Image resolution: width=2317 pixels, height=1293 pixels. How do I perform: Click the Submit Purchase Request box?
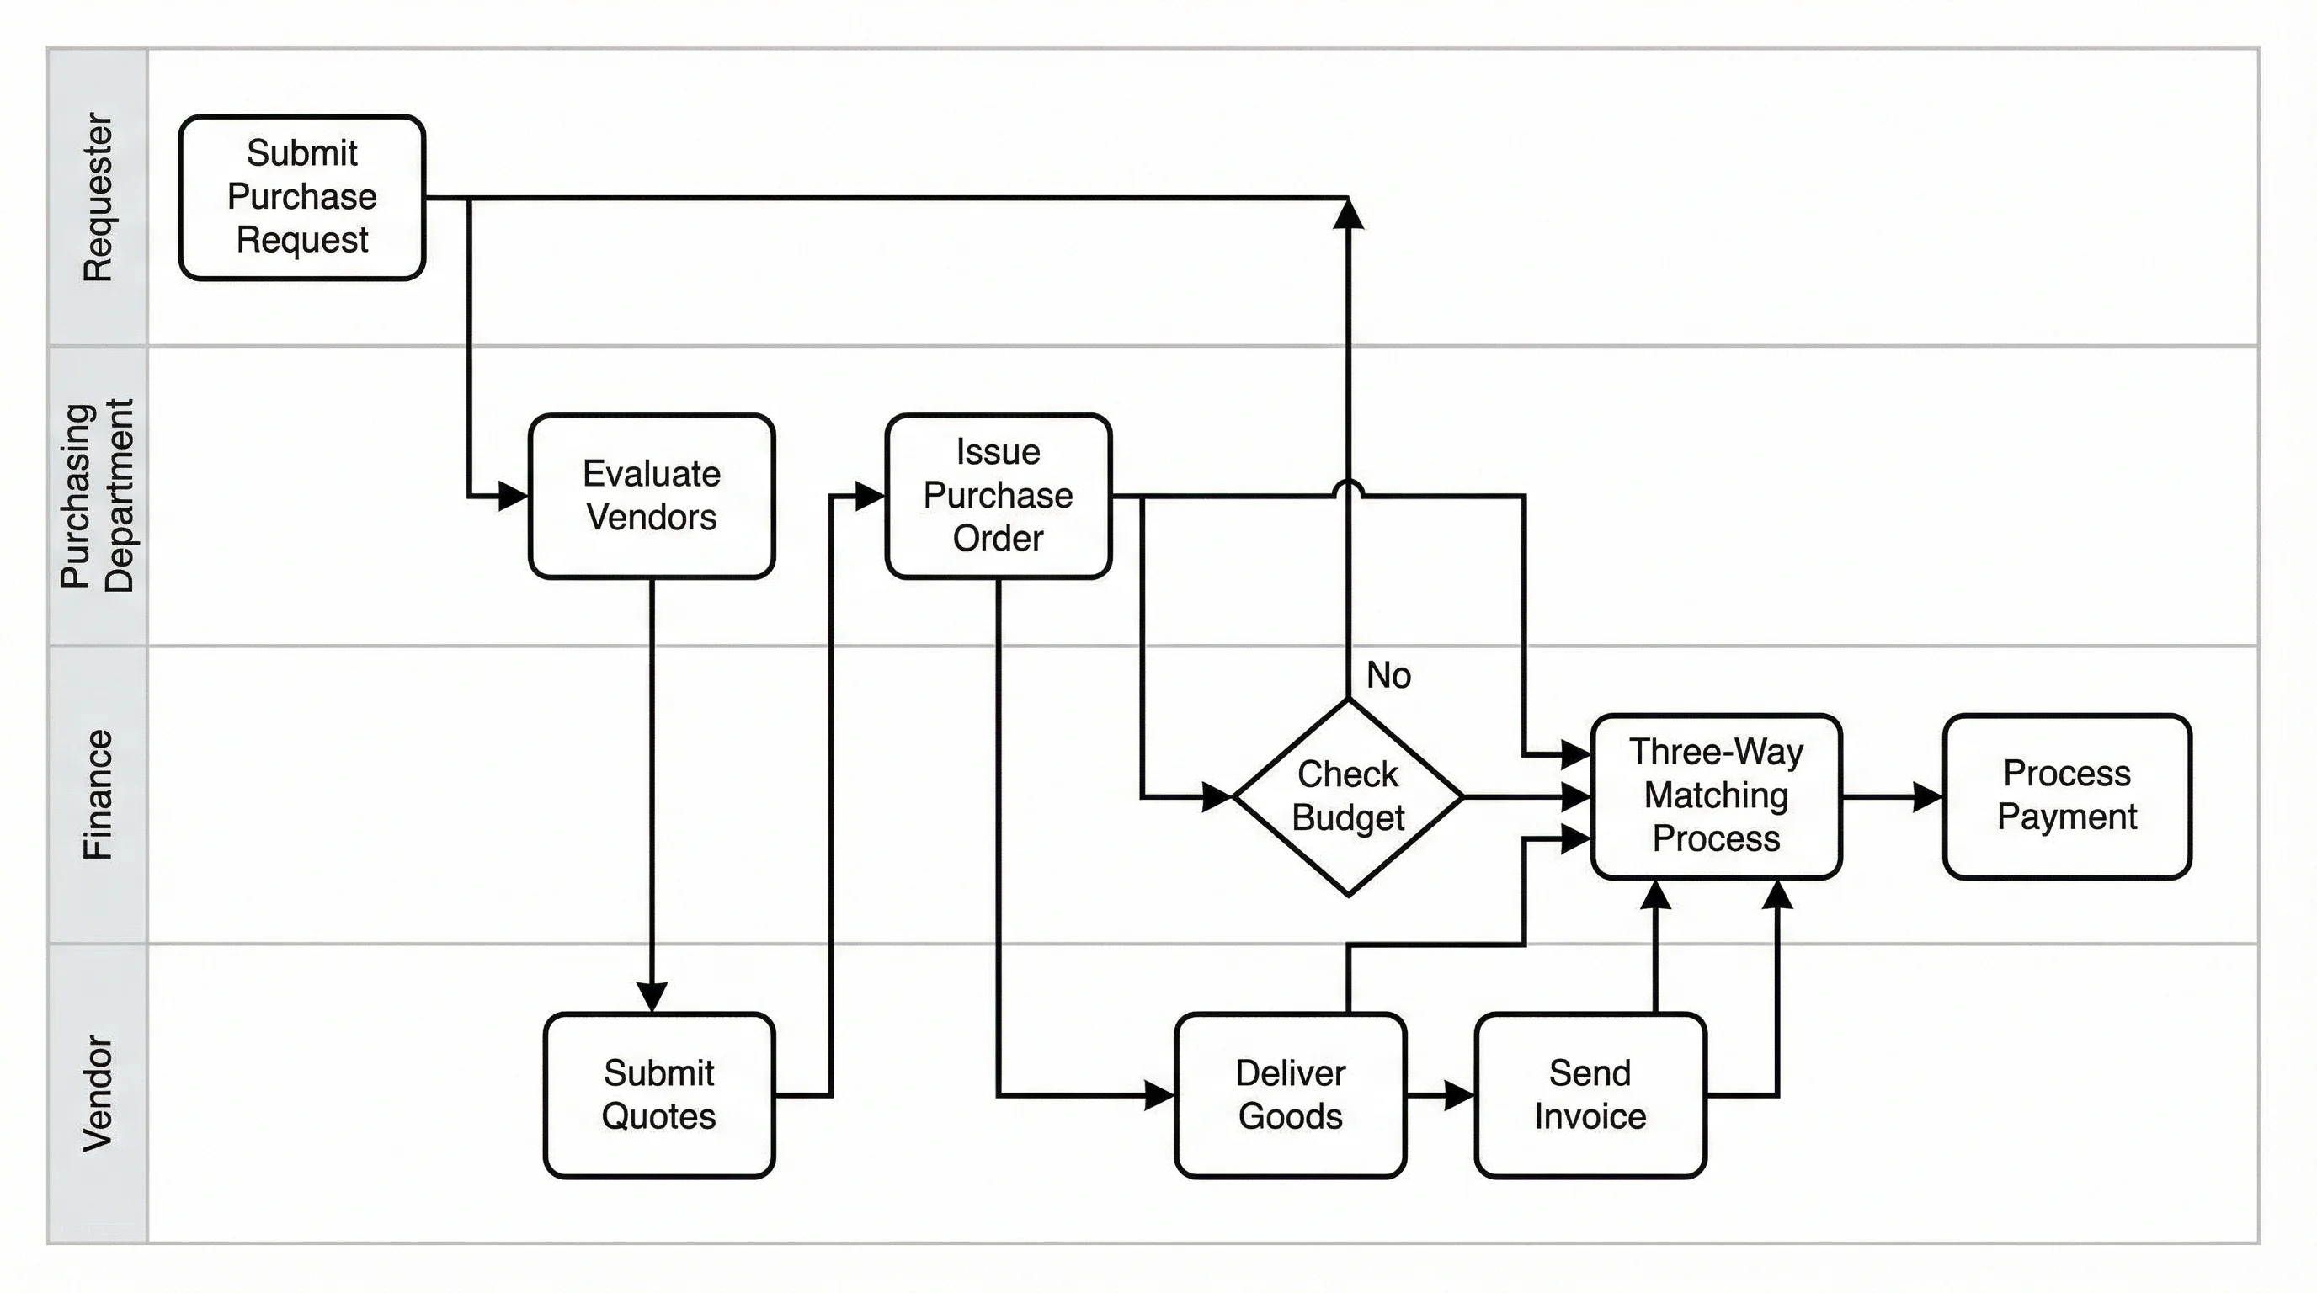click(x=301, y=197)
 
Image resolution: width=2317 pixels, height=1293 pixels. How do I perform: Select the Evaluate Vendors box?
click(x=651, y=496)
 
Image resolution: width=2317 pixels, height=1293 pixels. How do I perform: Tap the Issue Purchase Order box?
click(x=998, y=496)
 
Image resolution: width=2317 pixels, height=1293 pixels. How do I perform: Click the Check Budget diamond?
click(x=1347, y=796)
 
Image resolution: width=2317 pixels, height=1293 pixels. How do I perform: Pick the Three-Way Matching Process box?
click(x=1715, y=795)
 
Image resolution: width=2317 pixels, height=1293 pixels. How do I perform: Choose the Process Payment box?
click(x=2066, y=795)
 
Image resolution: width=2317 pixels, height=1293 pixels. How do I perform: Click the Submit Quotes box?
click(x=658, y=1094)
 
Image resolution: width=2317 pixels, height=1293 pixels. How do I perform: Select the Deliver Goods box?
click(x=1290, y=1094)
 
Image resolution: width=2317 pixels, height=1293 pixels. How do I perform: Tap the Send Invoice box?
click(x=1590, y=1094)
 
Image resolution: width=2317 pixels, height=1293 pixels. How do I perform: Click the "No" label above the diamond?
click(x=1388, y=675)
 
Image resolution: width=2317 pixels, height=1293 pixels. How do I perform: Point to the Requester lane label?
click(x=97, y=197)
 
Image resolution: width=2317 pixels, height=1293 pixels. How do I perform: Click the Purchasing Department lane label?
click(x=97, y=496)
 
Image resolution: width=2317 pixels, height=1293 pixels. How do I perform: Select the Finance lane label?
click(x=97, y=795)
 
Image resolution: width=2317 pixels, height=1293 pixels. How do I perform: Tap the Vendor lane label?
click(x=97, y=1093)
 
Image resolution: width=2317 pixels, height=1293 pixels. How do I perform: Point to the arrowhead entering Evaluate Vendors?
click(x=514, y=496)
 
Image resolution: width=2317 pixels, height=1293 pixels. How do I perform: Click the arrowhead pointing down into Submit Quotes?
click(x=651, y=998)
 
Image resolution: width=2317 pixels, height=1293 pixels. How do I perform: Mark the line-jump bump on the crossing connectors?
click(x=1347, y=488)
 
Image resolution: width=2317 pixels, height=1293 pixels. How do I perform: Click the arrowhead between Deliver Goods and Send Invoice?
click(x=1458, y=1095)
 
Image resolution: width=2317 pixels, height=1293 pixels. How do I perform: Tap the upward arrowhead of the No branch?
click(x=1347, y=214)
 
